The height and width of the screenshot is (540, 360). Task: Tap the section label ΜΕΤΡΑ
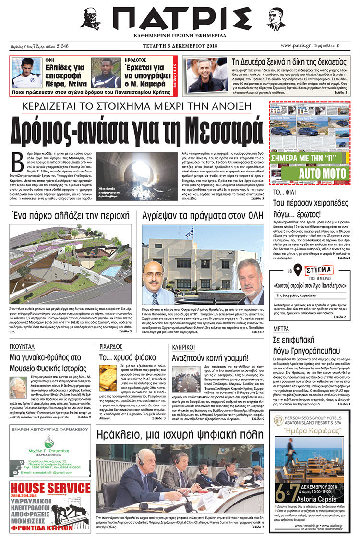pos(280,329)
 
